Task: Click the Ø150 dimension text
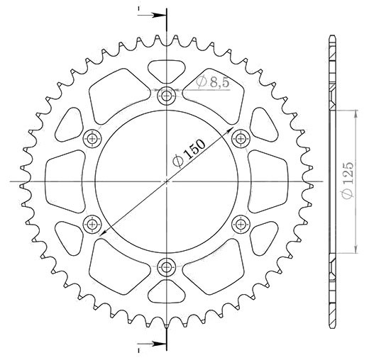[189, 153]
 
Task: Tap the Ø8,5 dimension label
[213, 82]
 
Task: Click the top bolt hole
[167, 96]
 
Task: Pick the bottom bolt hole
[167, 267]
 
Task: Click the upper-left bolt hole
[92, 139]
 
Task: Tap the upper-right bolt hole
[241, 139]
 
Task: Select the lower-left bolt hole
[92, 224]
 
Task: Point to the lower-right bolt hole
[241, 224]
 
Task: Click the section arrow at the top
[152, 16]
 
